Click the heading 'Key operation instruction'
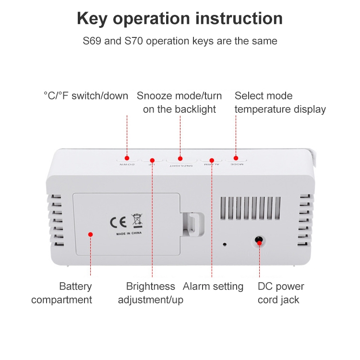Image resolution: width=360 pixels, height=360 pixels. (180, 19)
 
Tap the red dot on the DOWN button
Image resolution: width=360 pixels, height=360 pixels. (127, 157)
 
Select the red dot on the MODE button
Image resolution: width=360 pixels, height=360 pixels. (236, 157)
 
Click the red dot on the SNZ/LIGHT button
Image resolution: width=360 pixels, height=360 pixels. (180, 158)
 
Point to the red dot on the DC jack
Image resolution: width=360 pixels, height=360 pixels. (259, 243)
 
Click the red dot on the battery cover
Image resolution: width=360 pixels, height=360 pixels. (90, 234)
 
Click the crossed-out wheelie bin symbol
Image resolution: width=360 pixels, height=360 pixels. (137, 220)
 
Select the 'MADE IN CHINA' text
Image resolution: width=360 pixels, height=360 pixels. (129, 234)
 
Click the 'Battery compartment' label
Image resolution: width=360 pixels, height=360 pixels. (61, 293)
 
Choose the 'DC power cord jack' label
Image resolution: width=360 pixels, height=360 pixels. (281, 293)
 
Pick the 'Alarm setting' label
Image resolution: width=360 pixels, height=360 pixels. (213, 287)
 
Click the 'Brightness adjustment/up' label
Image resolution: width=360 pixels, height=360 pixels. (151, 293)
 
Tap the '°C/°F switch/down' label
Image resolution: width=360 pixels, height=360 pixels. (86, 96)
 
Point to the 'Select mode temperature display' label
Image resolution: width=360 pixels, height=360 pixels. (280, 102)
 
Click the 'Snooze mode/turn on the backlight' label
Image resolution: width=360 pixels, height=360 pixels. (180, 102)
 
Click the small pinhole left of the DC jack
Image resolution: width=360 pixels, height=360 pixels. (224, 244)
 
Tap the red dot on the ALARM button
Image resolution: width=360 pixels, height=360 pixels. (211, 160)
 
